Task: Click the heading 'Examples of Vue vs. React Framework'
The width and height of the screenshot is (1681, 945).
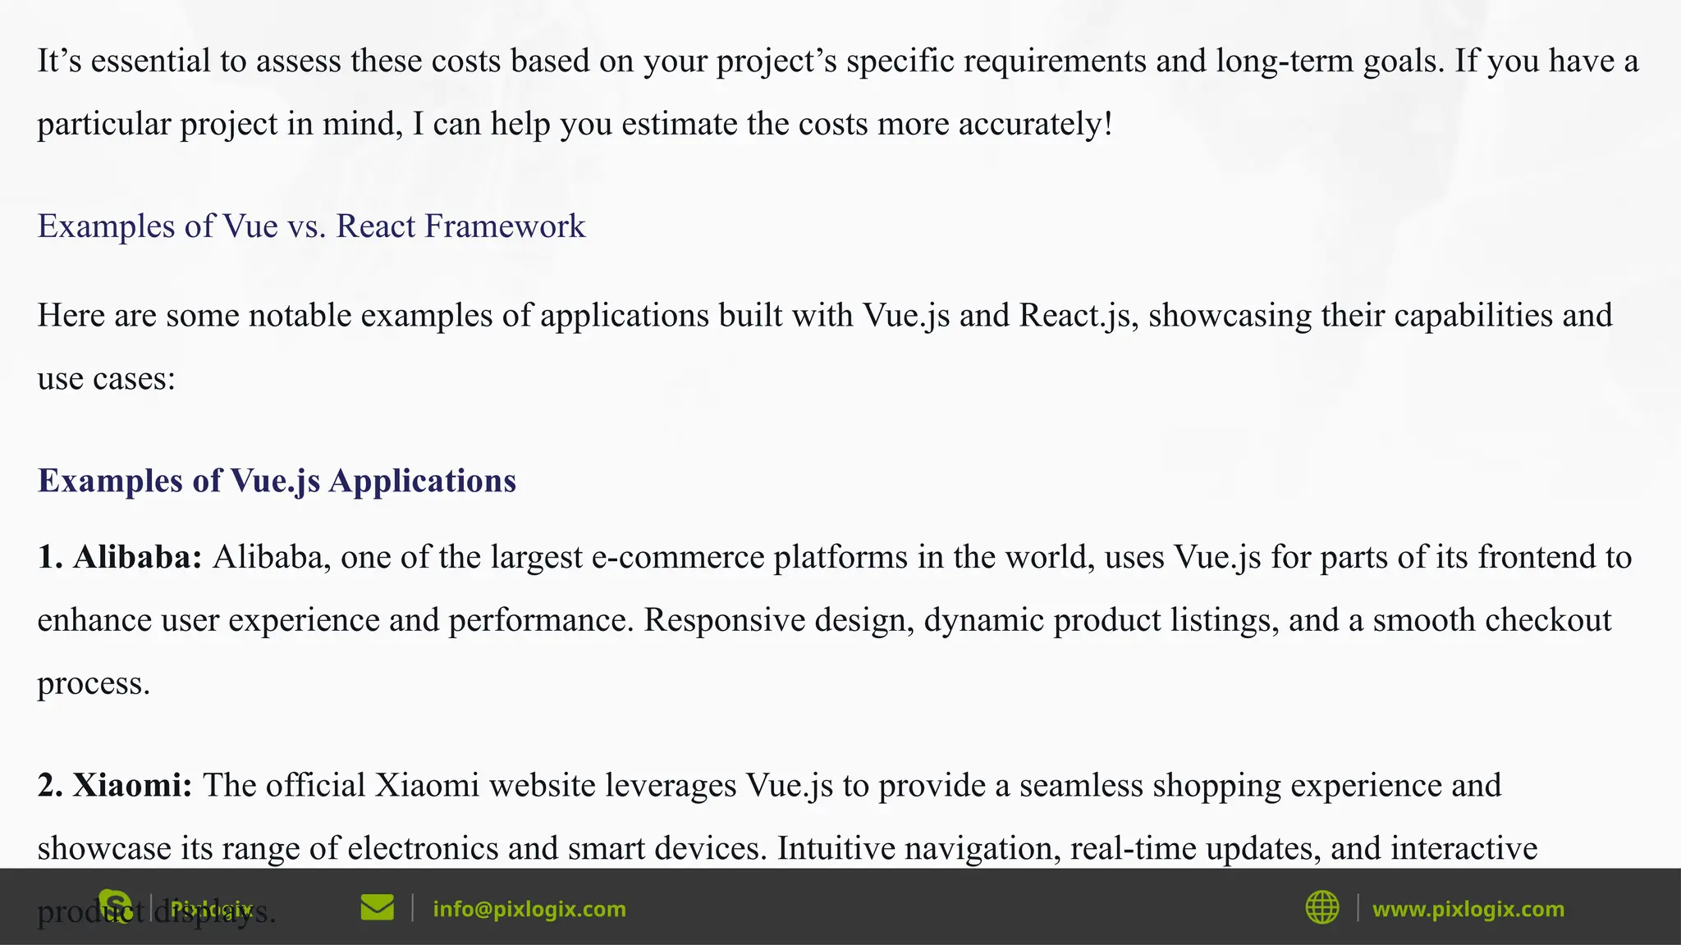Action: [x=311, y=226]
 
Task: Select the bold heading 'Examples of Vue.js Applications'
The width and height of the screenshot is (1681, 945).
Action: [x=277, y=481]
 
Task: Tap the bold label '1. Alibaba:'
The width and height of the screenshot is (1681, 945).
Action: [x=120, y=557]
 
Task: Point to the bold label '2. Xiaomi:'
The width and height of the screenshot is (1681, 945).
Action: [x=115, y=785]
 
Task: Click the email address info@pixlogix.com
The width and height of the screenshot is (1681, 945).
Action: [x=529, y=909]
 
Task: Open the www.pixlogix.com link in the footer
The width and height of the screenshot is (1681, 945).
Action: [x=1468, y=909]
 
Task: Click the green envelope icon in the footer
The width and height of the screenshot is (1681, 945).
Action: [x=377, y=908]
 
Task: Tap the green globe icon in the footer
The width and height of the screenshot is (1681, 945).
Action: [x=1321, y=908]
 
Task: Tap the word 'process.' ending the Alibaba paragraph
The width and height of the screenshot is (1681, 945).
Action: [x=94, y=684]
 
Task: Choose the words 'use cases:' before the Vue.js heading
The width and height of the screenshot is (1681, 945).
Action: [x=107, y=379]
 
